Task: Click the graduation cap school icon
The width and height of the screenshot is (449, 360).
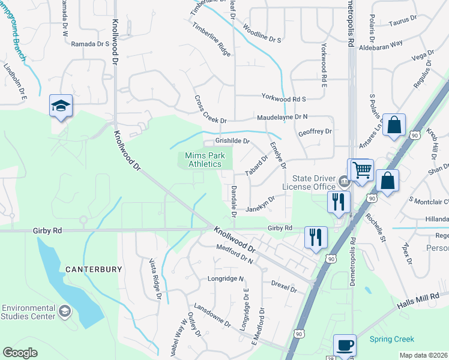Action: (x=61, y=106)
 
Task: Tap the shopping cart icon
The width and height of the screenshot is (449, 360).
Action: (x=361, y=170)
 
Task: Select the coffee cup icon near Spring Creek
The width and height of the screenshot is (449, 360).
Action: (x=345, y=346)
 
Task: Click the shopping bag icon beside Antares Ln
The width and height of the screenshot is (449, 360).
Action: (x=394, y=125)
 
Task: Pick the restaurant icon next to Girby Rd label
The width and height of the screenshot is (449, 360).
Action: (x=316, y=237)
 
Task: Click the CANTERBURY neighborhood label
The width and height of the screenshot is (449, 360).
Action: (x=94, y=269)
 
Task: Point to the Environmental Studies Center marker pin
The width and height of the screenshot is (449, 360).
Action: (x=65, y=311)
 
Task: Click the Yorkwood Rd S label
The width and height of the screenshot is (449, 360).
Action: (x=283, y=98)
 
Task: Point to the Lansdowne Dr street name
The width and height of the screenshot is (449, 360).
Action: (x=212, y=314)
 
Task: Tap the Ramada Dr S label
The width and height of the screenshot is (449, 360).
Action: (x=90, y=44)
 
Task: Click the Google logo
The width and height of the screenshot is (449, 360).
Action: (x=20, y=353)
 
